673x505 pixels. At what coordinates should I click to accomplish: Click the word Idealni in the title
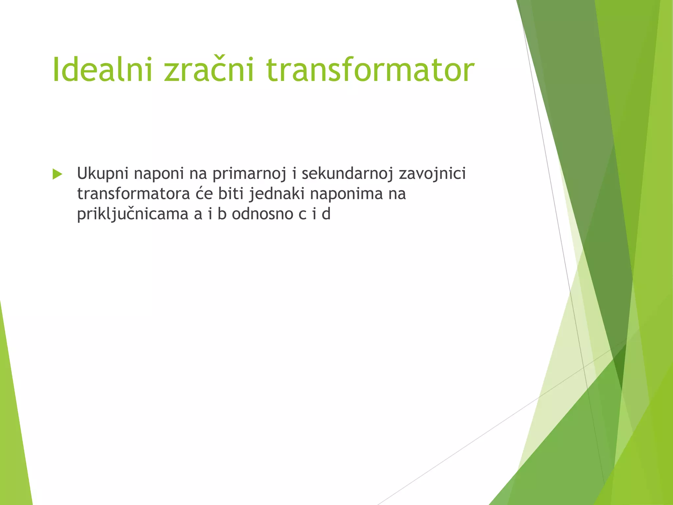pyautogui.click(x=102, y=70)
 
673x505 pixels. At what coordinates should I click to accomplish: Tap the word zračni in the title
pyautogui.click(x=209, y=70)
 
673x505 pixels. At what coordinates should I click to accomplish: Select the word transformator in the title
pyautogui.click(x=370, y=70)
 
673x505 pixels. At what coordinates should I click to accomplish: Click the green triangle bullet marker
pyautogui.click(x=57, y=174)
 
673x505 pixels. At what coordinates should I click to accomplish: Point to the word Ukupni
pyautogui.click(x=103, y=174)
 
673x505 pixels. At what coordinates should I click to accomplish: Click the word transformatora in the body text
pyautogui.click(x=133, y=194)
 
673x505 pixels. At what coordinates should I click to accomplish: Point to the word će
pyautogui.click(x=204, y=194)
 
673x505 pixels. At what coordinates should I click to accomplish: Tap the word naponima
pyautogui.click(x=346, y=194)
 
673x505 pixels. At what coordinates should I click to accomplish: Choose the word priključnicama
pyautogui.click(x=133, y=214)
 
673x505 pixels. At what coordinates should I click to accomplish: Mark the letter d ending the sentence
pyautogui.click(x=326, y=214)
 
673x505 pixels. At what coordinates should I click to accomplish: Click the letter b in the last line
pyautogui.click(x=222, y=214)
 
